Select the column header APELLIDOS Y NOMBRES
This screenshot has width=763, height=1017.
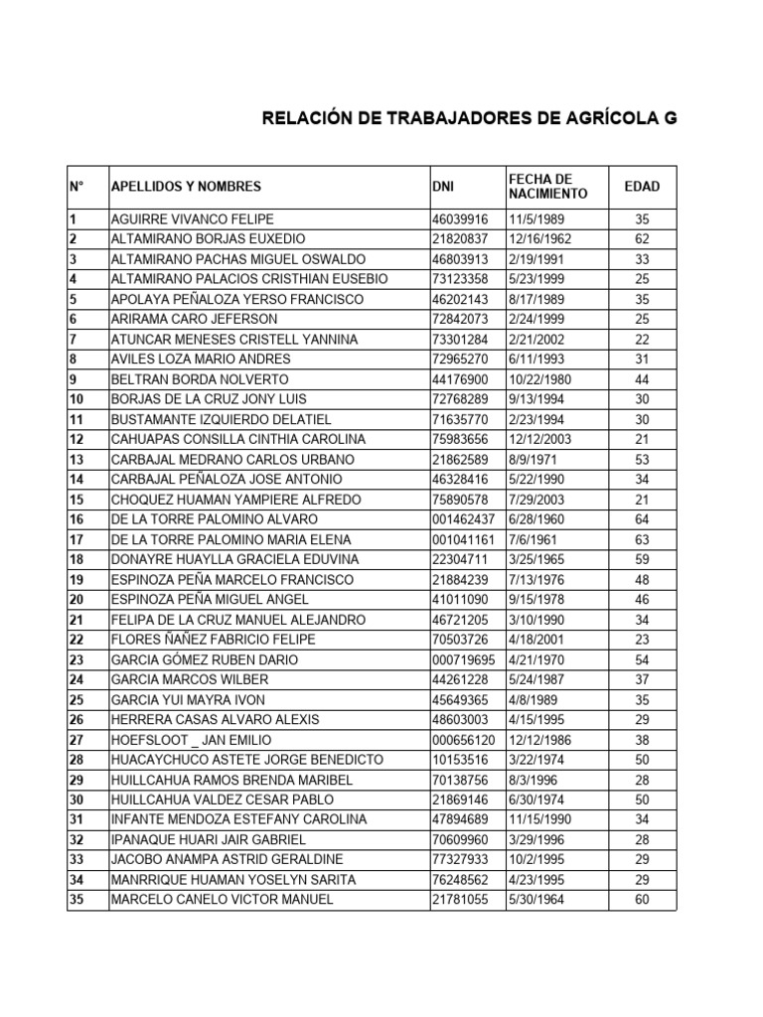[x=186, y=187]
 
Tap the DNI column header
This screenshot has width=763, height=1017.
[x=443, y=187]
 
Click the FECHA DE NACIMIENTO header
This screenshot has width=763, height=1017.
[x=547, y=186]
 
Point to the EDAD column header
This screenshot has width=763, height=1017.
[x=641, y=187]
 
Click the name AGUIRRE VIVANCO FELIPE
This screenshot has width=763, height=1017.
[x=192, y=219]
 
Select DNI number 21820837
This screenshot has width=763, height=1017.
[x=460, y=239]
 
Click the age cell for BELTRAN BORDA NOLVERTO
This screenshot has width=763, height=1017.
[x=641, y=379]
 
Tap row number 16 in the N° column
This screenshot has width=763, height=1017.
[x=76, y=519]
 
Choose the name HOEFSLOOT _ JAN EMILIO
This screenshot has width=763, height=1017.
[x=192, y=740]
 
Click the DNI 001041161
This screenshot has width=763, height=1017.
[x=463, y=539]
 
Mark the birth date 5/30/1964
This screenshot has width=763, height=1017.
[x=537, y=900]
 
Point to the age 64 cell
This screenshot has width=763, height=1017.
[x=641, y=519]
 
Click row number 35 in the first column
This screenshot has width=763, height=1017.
[x=76, y=900]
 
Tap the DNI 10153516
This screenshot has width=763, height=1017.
[x=460, y=760]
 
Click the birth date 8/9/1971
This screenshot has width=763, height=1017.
[x=531, y=460]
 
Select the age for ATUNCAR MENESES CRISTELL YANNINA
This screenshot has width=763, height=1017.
[x=641, y=340]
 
